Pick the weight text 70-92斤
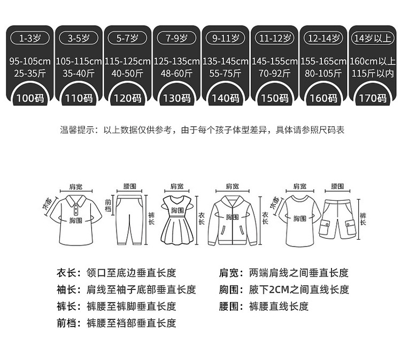274,73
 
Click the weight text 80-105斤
323,73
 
